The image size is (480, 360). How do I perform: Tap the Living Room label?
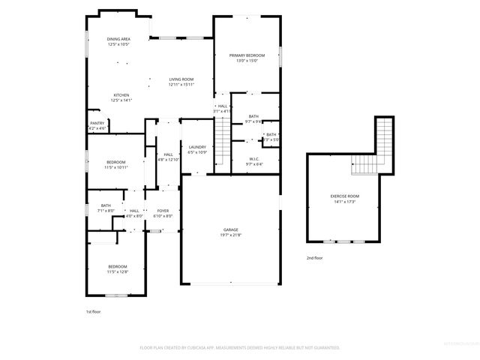click(x=181, y=79)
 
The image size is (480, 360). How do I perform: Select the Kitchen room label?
click(x=121, y=95)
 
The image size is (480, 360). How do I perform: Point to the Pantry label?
click(x=97, y=123)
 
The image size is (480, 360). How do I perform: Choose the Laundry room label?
click(x=198, y=147)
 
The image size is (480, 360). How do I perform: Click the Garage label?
click(x=231, y=229)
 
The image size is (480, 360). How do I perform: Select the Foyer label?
click(x=163, y=211)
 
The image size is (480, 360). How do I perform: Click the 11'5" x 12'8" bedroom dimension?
click(x=118, y=271)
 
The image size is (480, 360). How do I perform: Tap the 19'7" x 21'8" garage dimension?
click(x=231, y=235)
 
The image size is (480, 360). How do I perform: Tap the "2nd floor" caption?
click(x=314, y=257)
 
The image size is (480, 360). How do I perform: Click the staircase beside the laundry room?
click(x=222, y=135)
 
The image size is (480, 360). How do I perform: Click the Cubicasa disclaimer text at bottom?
click(x=240, y=348)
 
